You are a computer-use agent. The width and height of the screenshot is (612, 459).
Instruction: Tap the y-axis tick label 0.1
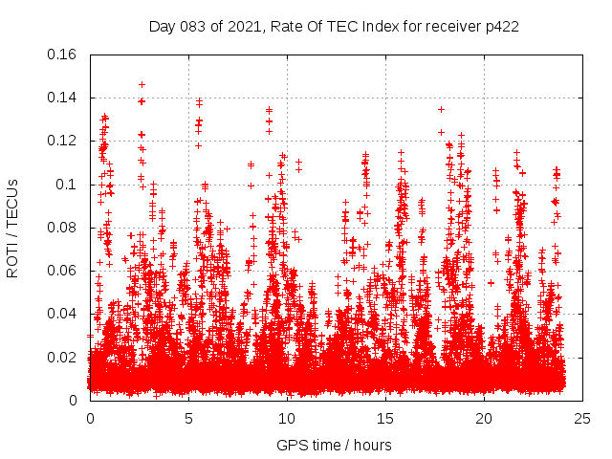pyautogui.click(x=69, y=184)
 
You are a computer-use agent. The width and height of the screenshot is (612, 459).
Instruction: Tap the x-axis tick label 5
pyautogui.click(x=188, y=418)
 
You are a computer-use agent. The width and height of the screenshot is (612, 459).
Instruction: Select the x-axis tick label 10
pyautogui.click(x=287, y=418)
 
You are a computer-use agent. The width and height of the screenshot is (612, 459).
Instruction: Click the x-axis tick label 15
pyautogui.click(x=385, y=418)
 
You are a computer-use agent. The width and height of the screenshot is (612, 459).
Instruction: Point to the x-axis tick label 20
pyautogui.click(x=484, y=418)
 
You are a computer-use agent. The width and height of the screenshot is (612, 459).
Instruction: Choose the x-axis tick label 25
pyautogui.click(x=582, y=418)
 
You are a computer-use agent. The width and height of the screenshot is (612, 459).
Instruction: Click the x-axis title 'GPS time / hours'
pyautogui.click(x=335, y=445)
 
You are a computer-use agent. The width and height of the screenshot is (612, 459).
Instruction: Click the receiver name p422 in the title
pyautogui.click(x=500, y=26)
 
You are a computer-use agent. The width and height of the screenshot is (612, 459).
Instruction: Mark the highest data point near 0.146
pyautogui.click(x=142, y=84)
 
